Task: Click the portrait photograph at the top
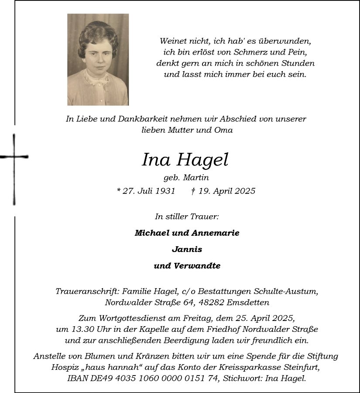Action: point(98,59)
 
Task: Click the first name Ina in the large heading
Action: point(156,160)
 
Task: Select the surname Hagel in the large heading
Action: point(202,161)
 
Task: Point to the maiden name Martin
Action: point(196,178)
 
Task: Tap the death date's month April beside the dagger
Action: point(221,191)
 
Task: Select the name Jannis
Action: point(187,249)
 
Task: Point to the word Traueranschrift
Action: point(87,291)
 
